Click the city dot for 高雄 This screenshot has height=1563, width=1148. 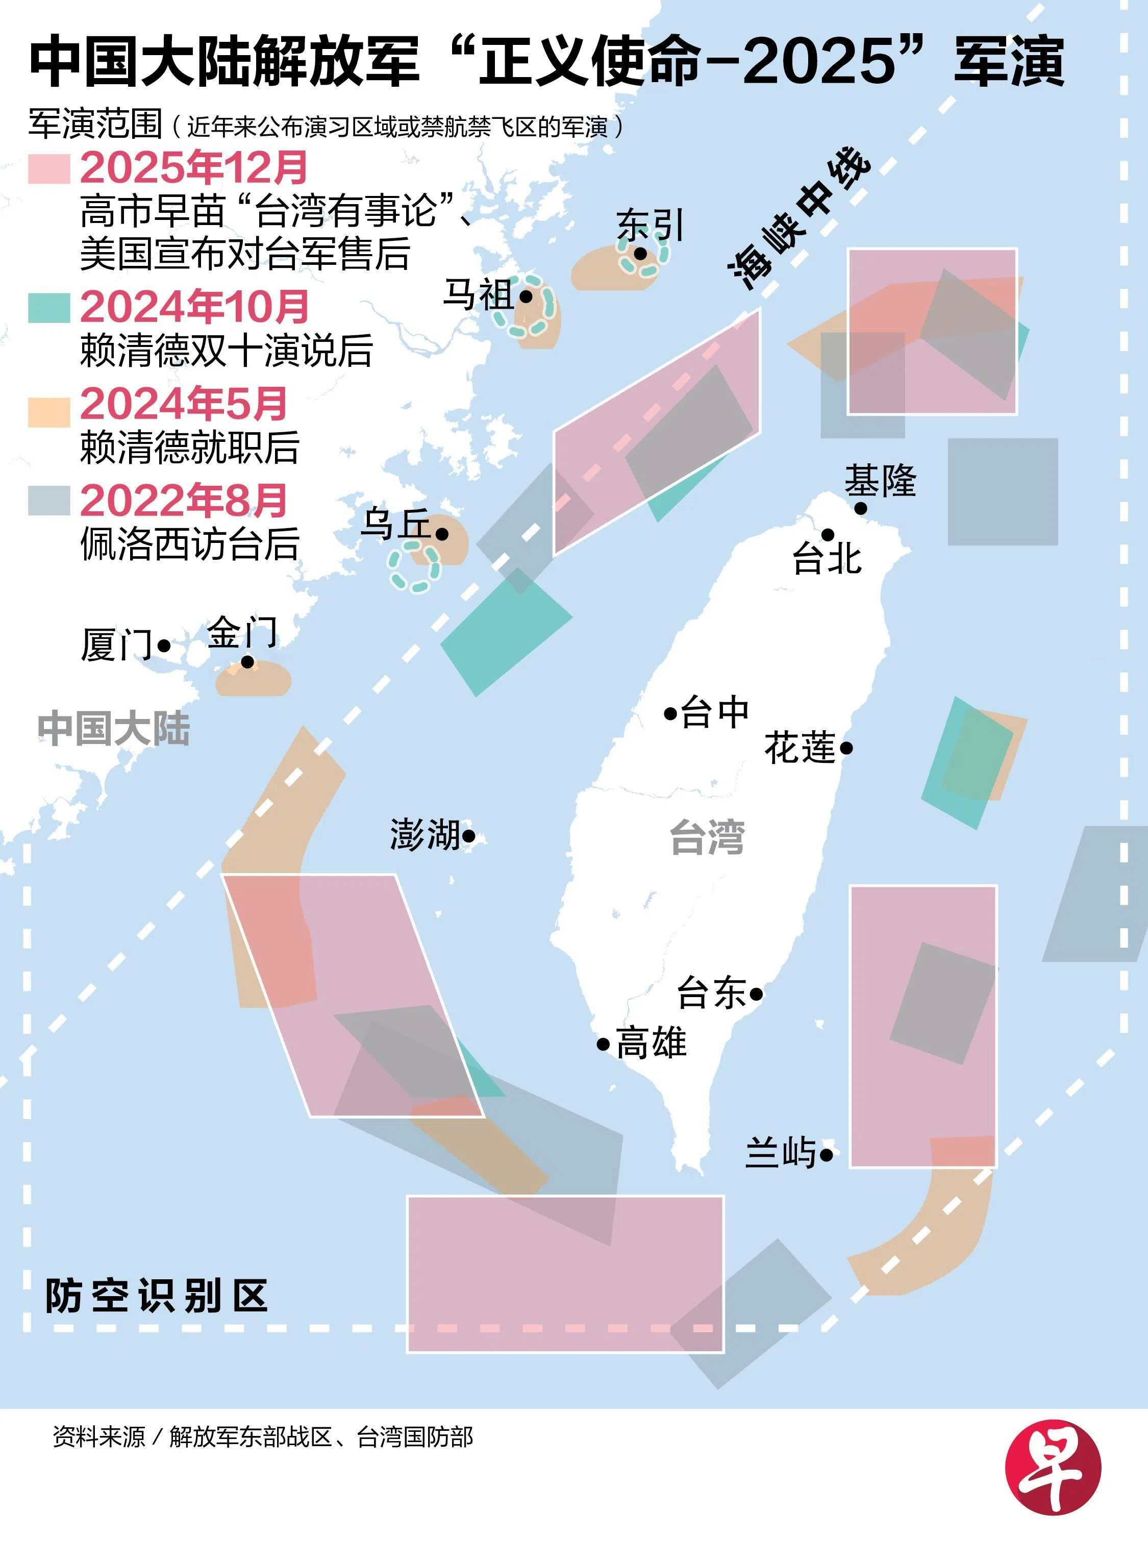pyautogui.click(x=603, y=1044)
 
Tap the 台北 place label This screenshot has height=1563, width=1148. pyautogui.click(x=827, y=559)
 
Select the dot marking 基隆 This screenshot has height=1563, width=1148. pyautogui.click(x=860, y=508)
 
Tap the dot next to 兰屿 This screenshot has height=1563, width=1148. pyautogui.click(x=826, y=1155)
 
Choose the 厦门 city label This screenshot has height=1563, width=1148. pyautogui.click(x=116, y=645)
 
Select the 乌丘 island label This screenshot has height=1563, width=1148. pyautogui.click(x=395, y=524)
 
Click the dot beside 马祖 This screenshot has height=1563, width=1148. pyautogui.click(x=526, y=297)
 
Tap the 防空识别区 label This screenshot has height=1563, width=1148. pyautogui.click(x=156, y=1296)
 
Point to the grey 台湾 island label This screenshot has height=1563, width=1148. pyautogui.click(x=707, y=837)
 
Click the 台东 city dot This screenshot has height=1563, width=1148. pyautogui.click(x=756, y=995)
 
